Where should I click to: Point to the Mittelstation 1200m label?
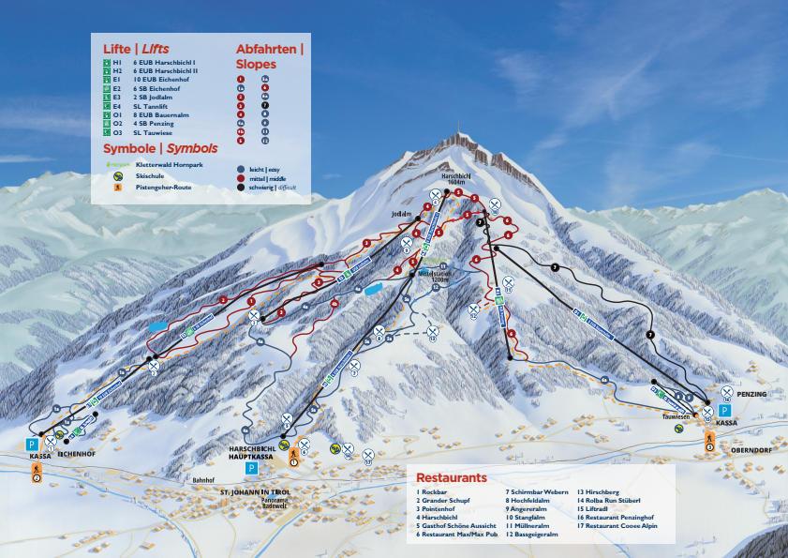pyautogui.click(x=434, y=276)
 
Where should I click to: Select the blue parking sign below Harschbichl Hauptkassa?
pyautogui.click(x=250, y=467)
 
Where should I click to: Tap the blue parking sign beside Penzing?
pyautogui.click(x=724, y=411)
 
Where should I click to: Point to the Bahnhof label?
pyautogui.click(x=203, y=479)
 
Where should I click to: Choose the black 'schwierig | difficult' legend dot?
pyautogui.click(x=241, y=188)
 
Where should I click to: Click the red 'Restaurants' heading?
pyautogui.click(x=452, y=477)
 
